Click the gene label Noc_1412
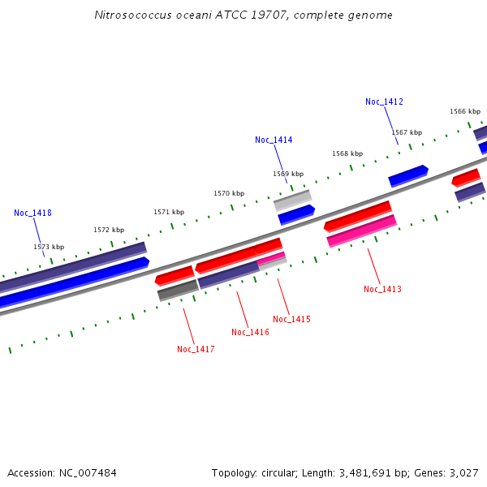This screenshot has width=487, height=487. click(x=384, y=101)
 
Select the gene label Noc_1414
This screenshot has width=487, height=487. click(x=274, y=140)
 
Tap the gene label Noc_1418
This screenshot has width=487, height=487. click(x=32, y=213)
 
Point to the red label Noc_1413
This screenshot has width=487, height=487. click(x=382, y=289)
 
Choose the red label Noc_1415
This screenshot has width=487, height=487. click(x=291, y=319)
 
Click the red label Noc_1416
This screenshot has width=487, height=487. click(x=250, y=332)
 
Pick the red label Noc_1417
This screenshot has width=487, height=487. click(x=196, y=349)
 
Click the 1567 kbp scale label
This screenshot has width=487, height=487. click(x=407, y=132)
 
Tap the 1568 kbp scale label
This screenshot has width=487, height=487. click(x=347, y=153)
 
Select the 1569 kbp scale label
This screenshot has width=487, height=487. click(x=288, y=174)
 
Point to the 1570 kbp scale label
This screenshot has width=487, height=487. click(x=229, y=193)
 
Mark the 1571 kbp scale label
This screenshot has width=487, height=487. click(x=169, y=212)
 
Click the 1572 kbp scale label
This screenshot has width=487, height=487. click(x=109, y=230)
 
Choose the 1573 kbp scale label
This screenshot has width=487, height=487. click(x=49, y=247)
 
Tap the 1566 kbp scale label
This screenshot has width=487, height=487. click(x=465, y=111)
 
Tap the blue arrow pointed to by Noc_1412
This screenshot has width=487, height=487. click(x=408, y=176)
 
